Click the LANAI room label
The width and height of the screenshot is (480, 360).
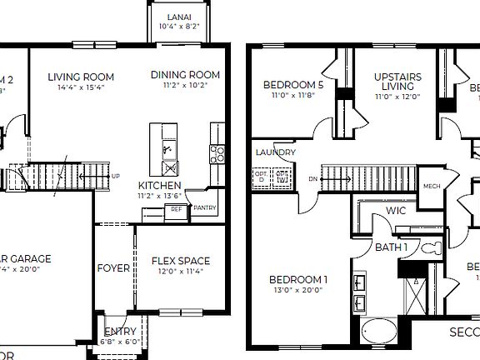[x=178, y=17]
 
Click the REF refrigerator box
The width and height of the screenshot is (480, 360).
[x=176, y=211]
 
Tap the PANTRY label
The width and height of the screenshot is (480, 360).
[x=205, y=208]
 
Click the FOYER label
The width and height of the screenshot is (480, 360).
[x=113, y=268]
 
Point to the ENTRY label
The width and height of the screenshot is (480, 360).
[x=121, y=332]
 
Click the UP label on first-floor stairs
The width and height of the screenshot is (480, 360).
[x=115, y=177]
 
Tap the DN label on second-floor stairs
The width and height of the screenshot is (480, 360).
[x=312, y=178]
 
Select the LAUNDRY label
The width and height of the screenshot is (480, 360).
[x=275, y=152]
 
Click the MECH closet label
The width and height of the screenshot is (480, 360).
[x=431, y=187]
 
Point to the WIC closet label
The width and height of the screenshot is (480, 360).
[x=395, y=212]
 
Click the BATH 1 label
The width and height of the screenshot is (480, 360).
[x=391, y=247]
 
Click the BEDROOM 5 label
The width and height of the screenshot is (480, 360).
[x=292, y=85]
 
